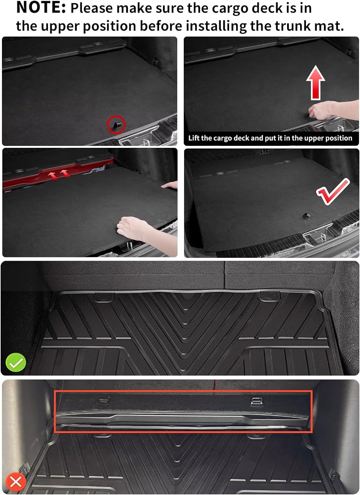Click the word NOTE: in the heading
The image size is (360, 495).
coord(41,8)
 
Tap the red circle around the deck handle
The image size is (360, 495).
coord(116,125)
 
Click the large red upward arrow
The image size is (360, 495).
coord(315,82)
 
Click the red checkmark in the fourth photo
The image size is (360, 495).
coord(332,191)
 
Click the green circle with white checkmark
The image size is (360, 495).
coord(16,362)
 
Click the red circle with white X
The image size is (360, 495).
coord(16,482)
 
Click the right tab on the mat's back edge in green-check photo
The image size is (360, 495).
coord(268,296)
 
